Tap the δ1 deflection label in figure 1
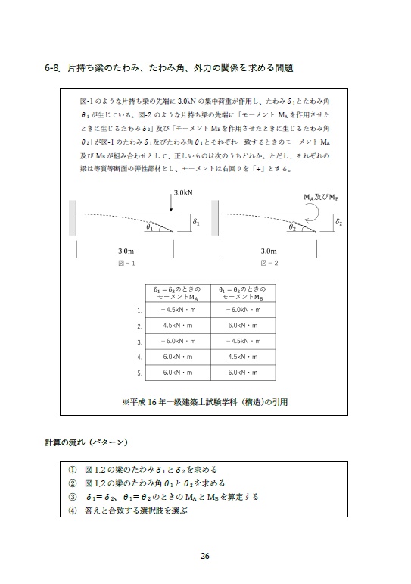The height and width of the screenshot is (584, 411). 196,223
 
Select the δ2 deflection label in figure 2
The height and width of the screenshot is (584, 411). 339,223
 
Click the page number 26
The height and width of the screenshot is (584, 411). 204,557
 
